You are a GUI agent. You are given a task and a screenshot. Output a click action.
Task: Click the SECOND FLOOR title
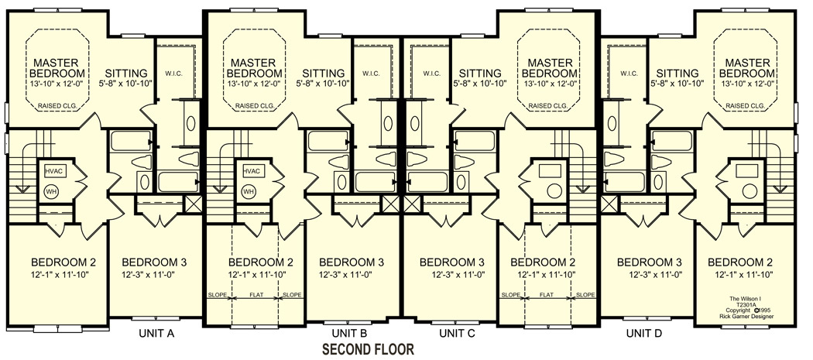[368, 350]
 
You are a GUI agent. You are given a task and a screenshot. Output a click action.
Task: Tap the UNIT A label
[156, 334]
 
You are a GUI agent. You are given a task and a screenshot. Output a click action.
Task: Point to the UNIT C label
[457, 334]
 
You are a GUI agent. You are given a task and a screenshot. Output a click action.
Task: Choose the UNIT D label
[644, 334]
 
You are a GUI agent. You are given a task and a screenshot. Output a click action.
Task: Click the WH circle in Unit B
[249, 191]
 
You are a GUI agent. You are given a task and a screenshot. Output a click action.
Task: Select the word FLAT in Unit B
[256, 295]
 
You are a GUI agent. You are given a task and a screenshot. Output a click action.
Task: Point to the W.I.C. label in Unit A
[173, 73]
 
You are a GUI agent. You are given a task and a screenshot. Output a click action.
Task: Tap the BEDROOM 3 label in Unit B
[352, 262]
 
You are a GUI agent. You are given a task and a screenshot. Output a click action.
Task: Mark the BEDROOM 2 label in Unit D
[740, 262]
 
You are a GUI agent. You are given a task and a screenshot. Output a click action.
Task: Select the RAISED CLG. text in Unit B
[255, 106]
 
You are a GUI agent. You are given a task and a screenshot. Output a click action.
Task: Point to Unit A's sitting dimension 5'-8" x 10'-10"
[125, 83]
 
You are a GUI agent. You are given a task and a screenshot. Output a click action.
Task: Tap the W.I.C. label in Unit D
[628, 73]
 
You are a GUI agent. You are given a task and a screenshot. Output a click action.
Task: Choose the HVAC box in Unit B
[251, 171]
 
